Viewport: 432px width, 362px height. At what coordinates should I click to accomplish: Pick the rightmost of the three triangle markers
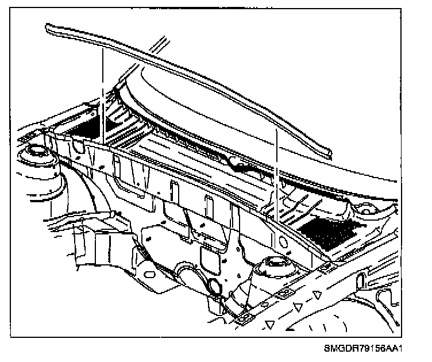(317, 295)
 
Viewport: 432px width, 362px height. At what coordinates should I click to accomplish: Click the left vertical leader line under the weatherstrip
(102, 92)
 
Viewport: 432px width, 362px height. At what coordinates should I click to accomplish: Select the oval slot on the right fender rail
(362, 280)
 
